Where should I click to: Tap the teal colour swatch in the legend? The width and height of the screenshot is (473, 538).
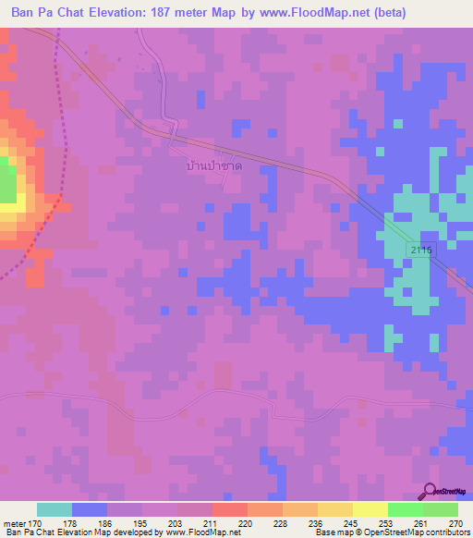[55, 509]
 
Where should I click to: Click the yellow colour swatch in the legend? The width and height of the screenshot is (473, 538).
[370, 509]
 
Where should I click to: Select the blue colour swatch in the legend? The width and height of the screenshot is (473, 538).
[90, 509]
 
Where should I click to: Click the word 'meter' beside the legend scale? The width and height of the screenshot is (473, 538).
[14, 524]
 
